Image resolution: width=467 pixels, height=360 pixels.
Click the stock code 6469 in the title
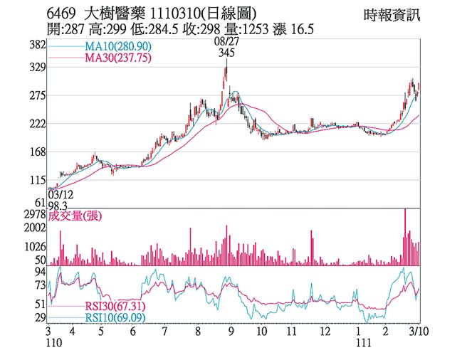click(61, 14)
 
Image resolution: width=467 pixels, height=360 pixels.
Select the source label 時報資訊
click(391, 14)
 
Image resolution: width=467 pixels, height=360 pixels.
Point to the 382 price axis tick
click(37, 45)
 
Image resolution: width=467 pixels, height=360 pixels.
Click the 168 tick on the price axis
click(37, 152)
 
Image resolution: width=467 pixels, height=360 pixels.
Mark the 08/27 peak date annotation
click(226, 42)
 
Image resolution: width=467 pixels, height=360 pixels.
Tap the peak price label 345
click(227, 53)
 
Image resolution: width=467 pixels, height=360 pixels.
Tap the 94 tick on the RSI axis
click(40, 271)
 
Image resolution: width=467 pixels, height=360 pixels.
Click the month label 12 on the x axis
click(325, 332)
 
